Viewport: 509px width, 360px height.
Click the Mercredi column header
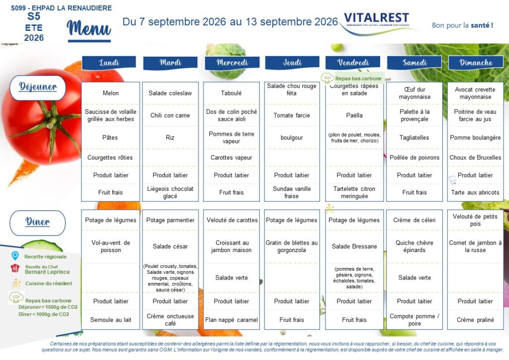pyautogui.click(x=232, y=63)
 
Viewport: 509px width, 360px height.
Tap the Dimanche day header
pyautogui.click(x=476, y=63)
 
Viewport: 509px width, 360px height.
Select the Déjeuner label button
pyautogui.click(x=38, y=88)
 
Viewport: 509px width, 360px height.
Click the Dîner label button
pyautogui.click(x=38, y=223)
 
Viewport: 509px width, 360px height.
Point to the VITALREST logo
pyautogui.click(x=376, y=19)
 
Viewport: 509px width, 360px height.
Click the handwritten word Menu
pyautogui.click(x=89, y=28)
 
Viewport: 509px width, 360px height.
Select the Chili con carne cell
pyautogui.click(x=170, y=115)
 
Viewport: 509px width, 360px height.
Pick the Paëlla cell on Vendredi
pyautogui.click(x=354, y=115)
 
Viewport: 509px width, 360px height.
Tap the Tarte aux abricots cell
pyautogui.click(x=475, y=192)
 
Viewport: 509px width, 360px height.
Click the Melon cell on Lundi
pyautogui.click(x=110, y=93)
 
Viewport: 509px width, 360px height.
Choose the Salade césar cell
pyautogui.click(x=170, y=247)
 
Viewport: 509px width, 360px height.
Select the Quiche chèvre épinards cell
pyautogui.click(x=414, y=247)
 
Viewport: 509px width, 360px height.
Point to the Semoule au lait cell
pyautogui.click(x=110, y=320)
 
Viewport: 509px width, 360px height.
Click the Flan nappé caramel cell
pyautogui.click(x=232, y=320)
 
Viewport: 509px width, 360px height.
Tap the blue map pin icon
pyautogui.click(x=15, y=256)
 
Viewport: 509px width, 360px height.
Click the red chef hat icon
pyautogui.click(x=15, y=268)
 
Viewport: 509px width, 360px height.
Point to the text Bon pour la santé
pyautogui.click(x=462, y=25)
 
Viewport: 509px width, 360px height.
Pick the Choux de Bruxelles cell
pyautogui.click(x=475, y=158)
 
